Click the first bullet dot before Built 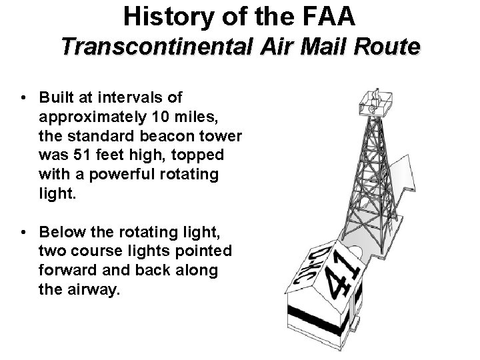(x=24, y=98)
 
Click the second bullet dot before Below (x=24, y=233)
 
